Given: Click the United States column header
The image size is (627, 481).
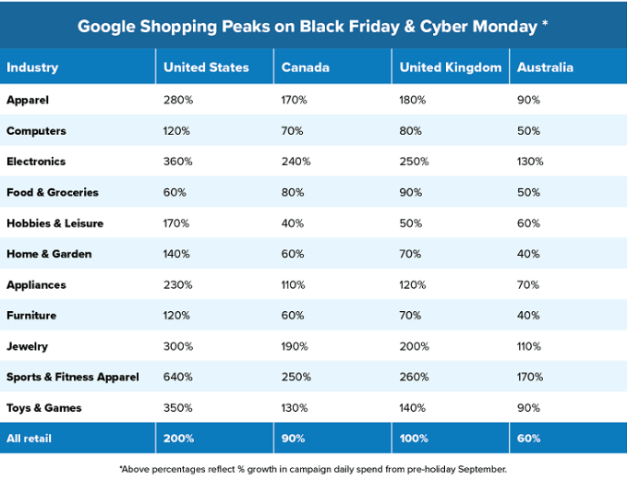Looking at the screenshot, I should pos(206,67).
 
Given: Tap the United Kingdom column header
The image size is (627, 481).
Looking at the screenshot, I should pos(451,67).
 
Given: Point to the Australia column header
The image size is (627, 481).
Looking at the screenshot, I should pos(545,67).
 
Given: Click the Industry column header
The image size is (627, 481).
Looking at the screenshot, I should pos(32,67).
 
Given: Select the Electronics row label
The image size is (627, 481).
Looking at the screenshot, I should pos(36,162).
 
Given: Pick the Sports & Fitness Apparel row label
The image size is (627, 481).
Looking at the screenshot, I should pos(72,377).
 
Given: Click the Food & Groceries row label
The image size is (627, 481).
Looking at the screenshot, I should pos(53,192).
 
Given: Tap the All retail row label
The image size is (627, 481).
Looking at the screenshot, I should pos(30,439).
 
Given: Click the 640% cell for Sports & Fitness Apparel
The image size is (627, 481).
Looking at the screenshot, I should pos(177,377).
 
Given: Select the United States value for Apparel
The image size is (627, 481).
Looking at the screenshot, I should pos(177,100).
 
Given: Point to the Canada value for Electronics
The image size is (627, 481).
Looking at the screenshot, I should pos(295,162).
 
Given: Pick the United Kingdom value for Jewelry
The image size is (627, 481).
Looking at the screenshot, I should pos(415,346).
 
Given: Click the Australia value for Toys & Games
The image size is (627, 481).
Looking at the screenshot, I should pos(528,408).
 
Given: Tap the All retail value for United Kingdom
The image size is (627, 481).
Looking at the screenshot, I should pos(415,439).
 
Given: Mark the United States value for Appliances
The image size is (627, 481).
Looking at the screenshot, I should pos(177,285).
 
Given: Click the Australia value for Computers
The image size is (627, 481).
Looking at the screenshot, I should pos(528,131).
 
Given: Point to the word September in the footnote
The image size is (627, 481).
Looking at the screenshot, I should pos(479,469).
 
